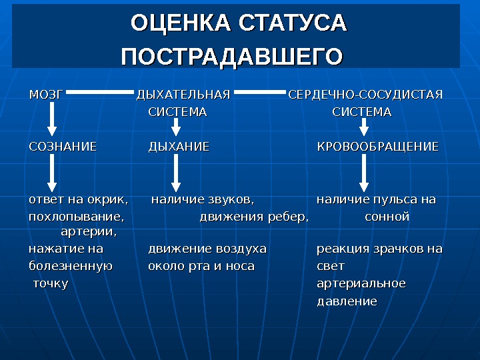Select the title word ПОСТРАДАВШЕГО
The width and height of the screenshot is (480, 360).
[231, 55]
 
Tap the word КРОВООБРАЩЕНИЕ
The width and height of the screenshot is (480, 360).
[377, 146]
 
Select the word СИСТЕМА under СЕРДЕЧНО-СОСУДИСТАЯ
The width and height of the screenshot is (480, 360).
[361, 112]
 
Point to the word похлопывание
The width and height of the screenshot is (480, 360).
[76, 217]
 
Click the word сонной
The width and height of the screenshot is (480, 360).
[387, 217]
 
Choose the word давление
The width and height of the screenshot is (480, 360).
[347, 301]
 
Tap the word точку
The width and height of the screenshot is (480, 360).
[51, 284]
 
